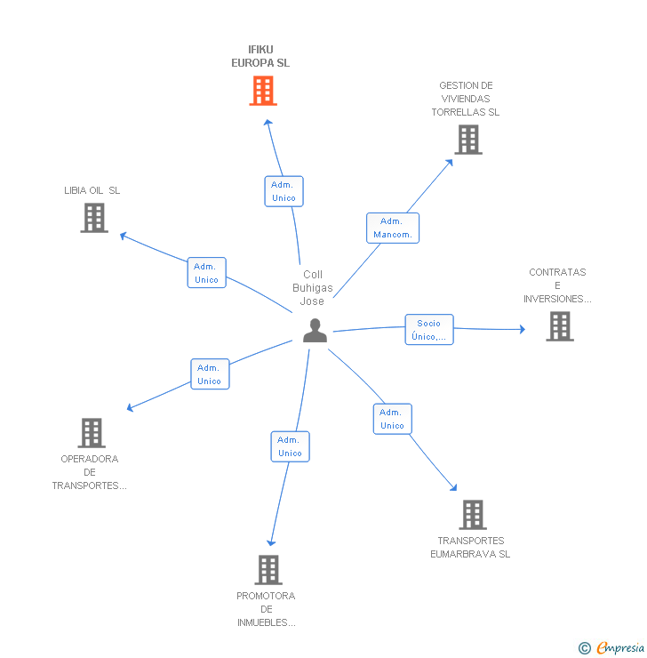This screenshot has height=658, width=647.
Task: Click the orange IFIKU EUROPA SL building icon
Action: pos(263,90)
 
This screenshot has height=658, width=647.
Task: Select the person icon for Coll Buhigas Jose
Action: pos(315,330)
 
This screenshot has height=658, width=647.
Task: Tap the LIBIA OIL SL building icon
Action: pos(94,218)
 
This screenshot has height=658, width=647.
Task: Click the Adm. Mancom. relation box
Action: pos(393,228)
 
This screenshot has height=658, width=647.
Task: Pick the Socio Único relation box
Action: pos(429,329)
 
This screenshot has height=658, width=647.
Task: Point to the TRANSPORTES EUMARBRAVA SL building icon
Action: pos(473,515)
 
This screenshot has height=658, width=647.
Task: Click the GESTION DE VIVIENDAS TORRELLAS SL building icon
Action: pos(468,140)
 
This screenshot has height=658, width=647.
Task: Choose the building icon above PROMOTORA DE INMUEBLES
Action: pos(268,570)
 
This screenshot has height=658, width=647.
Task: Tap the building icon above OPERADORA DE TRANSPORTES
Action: pos(92,433)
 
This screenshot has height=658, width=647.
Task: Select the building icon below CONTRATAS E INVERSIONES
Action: pos(560,326)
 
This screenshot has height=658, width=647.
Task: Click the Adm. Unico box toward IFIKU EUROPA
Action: pos(284,191)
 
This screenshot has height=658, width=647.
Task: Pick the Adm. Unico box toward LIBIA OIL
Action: pos(207,273)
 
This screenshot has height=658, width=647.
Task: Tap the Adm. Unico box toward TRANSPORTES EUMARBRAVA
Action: pos(393,419)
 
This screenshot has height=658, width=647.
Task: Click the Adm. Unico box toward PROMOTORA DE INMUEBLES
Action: pos(290,446)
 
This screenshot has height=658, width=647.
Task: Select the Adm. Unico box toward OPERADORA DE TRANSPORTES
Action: pos(210,373)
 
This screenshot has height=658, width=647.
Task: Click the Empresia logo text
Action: pos(620,647)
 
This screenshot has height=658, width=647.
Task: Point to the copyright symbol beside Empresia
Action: pos(585,648)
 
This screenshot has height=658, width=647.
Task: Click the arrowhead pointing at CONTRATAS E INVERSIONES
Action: pos(523,329)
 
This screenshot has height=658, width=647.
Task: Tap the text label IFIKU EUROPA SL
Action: pos(260,56)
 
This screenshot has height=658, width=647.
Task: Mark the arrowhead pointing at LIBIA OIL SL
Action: pos(123,236)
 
